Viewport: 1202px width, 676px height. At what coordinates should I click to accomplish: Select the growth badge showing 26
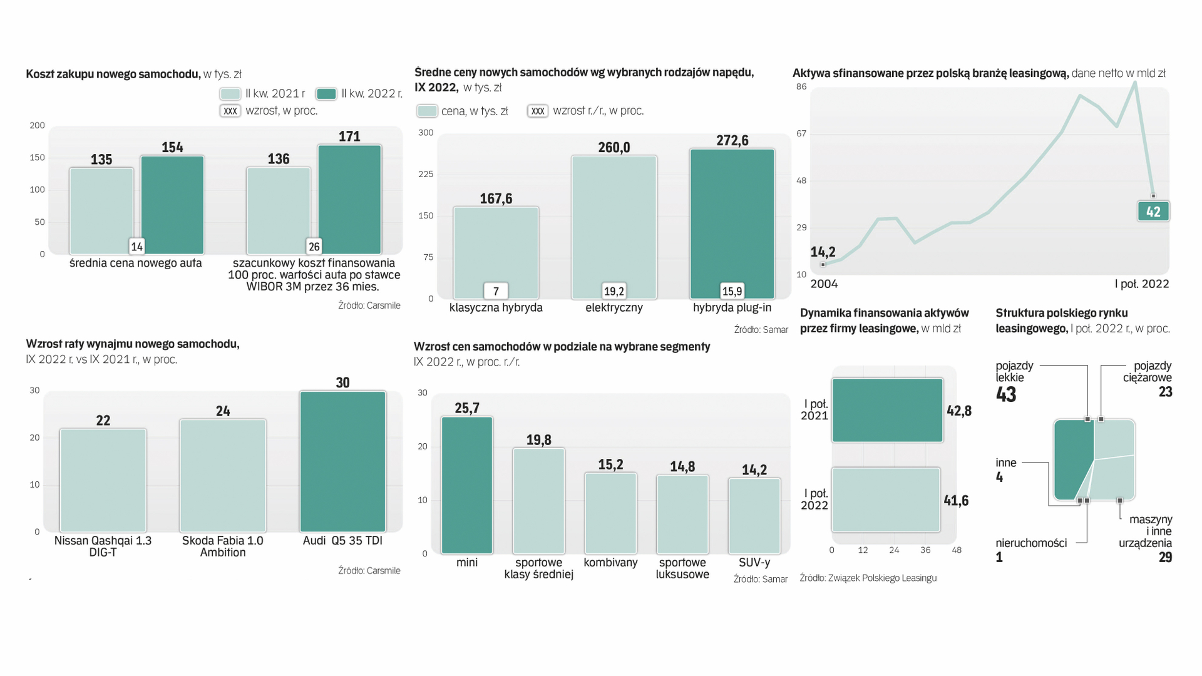click(314, 247)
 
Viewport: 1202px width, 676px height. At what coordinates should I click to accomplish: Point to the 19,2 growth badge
click(614, 291)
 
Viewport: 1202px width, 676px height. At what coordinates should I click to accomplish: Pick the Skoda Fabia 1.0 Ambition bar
click(223, 475)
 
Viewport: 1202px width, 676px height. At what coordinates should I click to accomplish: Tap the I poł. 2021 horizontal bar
click(887, 410)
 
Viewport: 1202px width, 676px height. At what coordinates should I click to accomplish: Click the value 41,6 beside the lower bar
click(956, 500)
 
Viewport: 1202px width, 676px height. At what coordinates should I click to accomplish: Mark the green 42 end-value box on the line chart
click(1153, 212)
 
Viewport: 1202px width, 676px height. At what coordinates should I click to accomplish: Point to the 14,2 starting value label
click(823, 252)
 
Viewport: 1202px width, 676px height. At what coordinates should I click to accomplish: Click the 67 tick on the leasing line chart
click(801, 133)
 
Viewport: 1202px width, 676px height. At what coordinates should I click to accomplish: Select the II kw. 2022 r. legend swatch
click(326, 93)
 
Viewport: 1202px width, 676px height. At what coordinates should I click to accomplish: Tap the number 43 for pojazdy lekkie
click(1006, 394)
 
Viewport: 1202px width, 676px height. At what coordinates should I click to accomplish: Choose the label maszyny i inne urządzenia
click(1148, 531)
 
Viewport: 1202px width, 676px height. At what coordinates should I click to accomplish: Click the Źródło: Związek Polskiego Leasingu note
click(868, 578)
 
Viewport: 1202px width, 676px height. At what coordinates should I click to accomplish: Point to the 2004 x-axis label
click(824, 284)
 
